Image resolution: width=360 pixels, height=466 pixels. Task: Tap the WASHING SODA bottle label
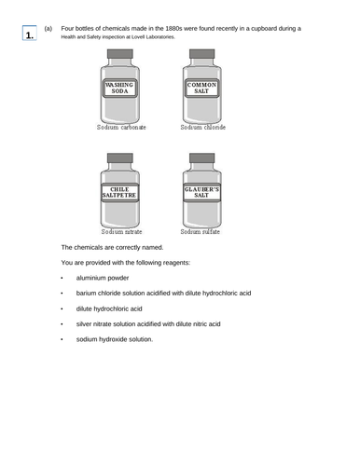point(120,89)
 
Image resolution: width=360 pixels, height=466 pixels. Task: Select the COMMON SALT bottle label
point(201,89)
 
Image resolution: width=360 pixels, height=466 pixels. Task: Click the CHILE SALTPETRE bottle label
point(120,194)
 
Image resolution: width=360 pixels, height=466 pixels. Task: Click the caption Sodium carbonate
point(121,127)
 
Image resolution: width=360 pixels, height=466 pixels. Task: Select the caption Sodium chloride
point(202,127)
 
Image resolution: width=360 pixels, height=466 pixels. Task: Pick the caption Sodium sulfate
point(201,231)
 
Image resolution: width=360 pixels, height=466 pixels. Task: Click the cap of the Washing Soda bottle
point(120,54)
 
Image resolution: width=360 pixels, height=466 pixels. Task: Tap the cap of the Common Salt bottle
point(201,54)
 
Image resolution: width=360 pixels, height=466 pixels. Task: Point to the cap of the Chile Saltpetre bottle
point(120,158)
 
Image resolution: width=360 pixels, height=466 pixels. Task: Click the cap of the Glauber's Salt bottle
point(201,158)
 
